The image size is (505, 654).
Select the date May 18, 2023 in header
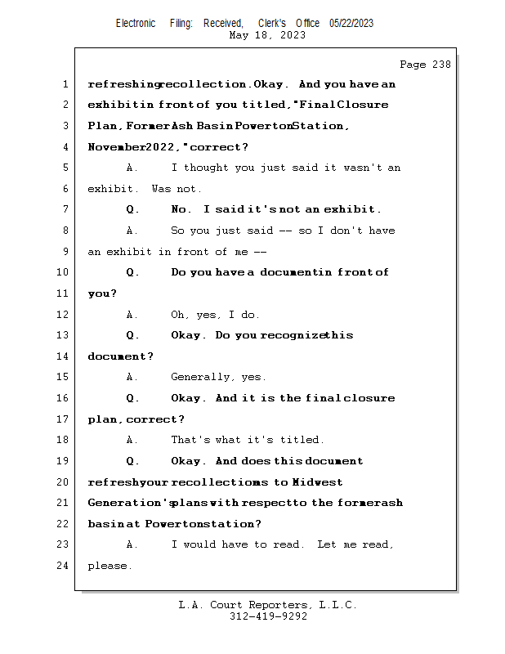(x=268, y=35)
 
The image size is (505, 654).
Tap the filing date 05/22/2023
(x=351, y=23)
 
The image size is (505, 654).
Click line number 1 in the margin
(x=65, y=84)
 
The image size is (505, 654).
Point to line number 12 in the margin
(x=63, y=315)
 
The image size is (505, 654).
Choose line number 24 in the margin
(x=63, y=566)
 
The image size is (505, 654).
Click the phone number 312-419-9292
(x=268, y=616)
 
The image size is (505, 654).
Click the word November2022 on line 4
(x=127, y=147)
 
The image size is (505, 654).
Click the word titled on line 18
(x=302, y=440)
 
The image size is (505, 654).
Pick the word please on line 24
(x=109, y=566)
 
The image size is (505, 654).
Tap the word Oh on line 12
(x=179, y=315)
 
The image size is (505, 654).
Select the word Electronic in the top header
(x=136, y=23)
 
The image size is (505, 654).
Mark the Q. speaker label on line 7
(x=132, y=209)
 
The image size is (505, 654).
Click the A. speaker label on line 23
(x=132, y=544)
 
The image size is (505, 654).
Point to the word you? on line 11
(x=102, y=293)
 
